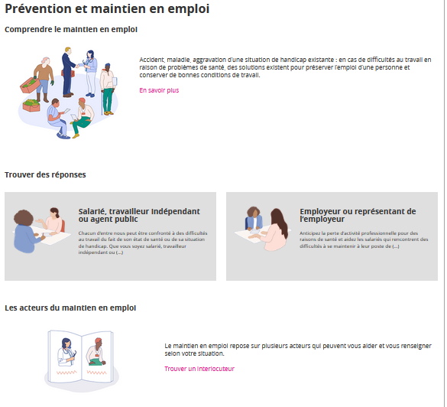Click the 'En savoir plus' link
pos(159,90)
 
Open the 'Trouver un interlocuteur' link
pos(199,369)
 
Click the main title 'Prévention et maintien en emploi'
pos(107,9)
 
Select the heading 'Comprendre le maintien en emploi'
pos(71,29)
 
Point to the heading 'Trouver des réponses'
pos(45,174)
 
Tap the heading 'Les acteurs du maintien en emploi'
pos(70,308)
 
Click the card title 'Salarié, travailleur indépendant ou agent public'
pos(139,215)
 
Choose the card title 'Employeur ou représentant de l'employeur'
pos(358,215)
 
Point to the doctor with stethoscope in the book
pos(66,353)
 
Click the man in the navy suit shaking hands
pos(69,72)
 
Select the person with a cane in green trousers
pos(108,89)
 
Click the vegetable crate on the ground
pos(31,106)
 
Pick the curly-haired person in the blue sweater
pos(26,232)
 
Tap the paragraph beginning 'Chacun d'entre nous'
pos(143,243)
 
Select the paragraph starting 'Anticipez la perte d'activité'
pos(364,239)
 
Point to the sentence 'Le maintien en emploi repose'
pos(298,350)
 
